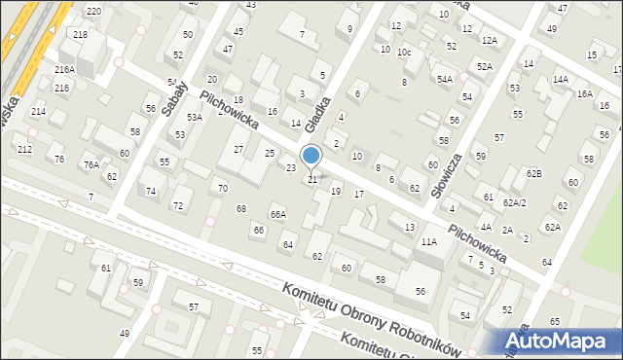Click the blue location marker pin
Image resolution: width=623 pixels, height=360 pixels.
pos(311,156)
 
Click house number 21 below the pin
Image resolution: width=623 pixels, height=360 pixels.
pos(312,179)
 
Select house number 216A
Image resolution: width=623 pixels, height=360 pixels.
pos(65,70)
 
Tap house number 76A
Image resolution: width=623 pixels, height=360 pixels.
pos(91,165)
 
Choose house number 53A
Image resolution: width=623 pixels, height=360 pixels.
pos(195,118)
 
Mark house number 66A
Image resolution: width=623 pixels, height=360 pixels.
pos(278,215)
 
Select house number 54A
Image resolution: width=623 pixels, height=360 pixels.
pos(445,79)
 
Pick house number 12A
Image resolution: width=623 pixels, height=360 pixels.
pos(489,40)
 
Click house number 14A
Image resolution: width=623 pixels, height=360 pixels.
pos(560,80)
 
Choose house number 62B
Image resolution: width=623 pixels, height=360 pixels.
pos(533,173)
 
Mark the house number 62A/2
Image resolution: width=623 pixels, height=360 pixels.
pos(515,203)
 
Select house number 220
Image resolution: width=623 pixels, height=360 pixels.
pos(92,11)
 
